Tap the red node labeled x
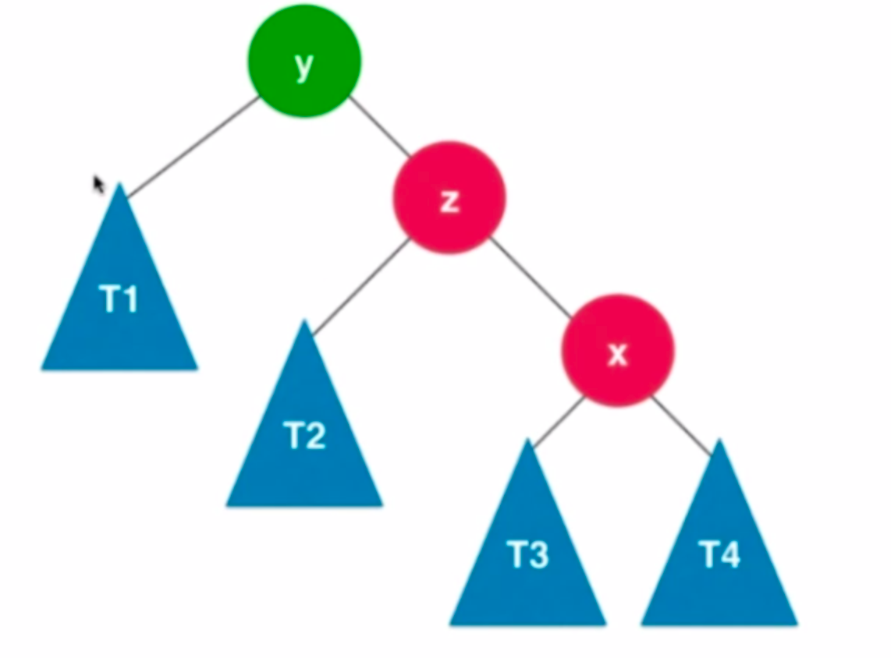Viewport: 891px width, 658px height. (617, 350)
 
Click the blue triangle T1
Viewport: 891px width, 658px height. (119, 312)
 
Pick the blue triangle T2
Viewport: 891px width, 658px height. (304, 444)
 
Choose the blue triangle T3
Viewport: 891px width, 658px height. (528, 561)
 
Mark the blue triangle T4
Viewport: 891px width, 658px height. (719, 561)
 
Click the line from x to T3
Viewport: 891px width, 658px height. (559, 421)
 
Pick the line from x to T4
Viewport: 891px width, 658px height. (680, 424)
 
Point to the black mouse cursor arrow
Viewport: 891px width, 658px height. (98, 184)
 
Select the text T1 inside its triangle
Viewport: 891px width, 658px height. (119, 299)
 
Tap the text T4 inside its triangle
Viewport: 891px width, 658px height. (719, 554)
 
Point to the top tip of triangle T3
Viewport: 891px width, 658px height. (529, 442)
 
